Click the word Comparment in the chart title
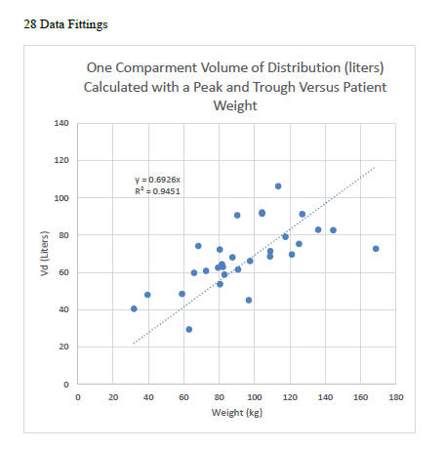(x=167, y=68)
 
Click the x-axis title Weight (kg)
(x=236, y=413)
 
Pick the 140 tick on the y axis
(x=62, y=124)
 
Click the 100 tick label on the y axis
(x=62, y=198)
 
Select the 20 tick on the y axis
(x=64, y=347)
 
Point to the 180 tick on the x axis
(x=395, y=397)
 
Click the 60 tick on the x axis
(x=183, y=397)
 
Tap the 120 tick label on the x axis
(x=289, y=397)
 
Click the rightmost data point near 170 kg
(x=376, y=249)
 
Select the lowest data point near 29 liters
(x=188, y=329)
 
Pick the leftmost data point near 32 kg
(x=134, y=308)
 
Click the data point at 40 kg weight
(x=147, y=295)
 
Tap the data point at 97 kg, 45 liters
(x=249, y=300)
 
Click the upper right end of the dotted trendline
(x=374, y=167)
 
